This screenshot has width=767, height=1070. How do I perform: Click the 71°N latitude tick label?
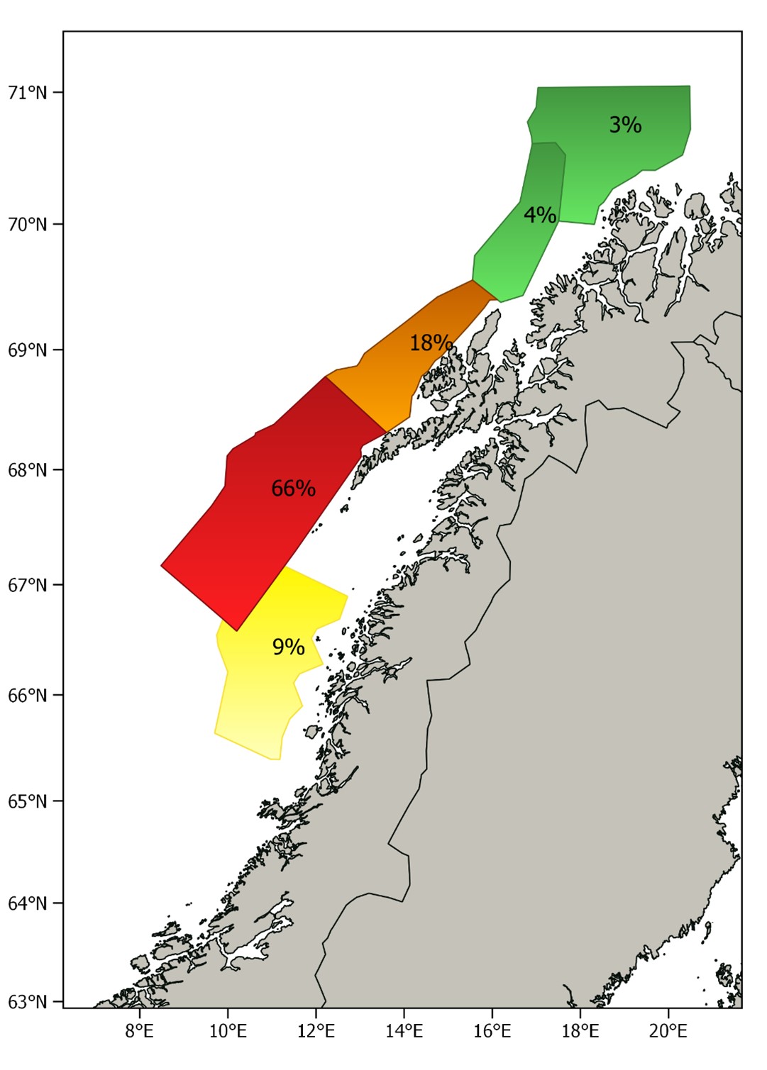(x=28, y=92)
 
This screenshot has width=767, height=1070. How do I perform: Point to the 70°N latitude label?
(x=28, y=224)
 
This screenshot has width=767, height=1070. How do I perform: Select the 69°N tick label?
(x=28, y=350)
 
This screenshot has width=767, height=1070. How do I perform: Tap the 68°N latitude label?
(x=28, y=469)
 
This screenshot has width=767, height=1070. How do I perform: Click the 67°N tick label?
(x=28, y=585)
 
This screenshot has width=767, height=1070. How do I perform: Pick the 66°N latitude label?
(x=28, y=695)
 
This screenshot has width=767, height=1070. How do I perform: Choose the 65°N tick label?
(x=28, y=801)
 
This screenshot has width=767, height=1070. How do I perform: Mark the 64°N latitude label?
(x=28, y=903)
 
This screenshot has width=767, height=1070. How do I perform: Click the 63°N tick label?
(x=28, y=1002)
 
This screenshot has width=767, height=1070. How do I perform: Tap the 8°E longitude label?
(x=139, y=1030)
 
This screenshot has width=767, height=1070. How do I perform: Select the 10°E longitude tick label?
(x=228, y=1030)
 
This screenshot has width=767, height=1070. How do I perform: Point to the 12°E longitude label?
(x=316, y=1030)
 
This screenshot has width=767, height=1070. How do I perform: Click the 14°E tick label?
(x=404, y=1030)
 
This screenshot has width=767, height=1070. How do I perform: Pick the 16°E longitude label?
(x=492, y=1030)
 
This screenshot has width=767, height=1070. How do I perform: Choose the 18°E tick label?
(x=580, y=1030)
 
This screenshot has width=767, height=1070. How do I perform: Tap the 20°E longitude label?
(x=668, y=1030)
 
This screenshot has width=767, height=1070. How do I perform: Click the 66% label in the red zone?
(x=293, y=489)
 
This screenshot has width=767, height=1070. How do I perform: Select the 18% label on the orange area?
(x=431, y=343)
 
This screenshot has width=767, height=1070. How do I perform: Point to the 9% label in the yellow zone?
(x=288, y=647)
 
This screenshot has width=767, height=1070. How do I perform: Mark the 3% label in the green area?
(x=625, y=125)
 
